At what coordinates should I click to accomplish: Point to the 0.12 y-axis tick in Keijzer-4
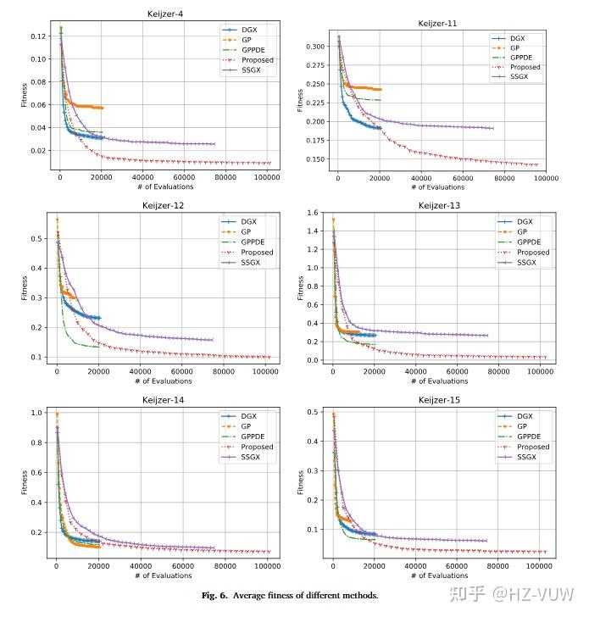pos(40,36)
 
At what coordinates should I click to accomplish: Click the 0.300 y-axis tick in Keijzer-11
pos(314,46)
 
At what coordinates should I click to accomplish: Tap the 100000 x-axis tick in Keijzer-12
pos(267,371)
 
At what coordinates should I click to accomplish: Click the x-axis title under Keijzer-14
pos(162,575)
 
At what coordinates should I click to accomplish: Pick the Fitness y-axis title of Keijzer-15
pos(301,483)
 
